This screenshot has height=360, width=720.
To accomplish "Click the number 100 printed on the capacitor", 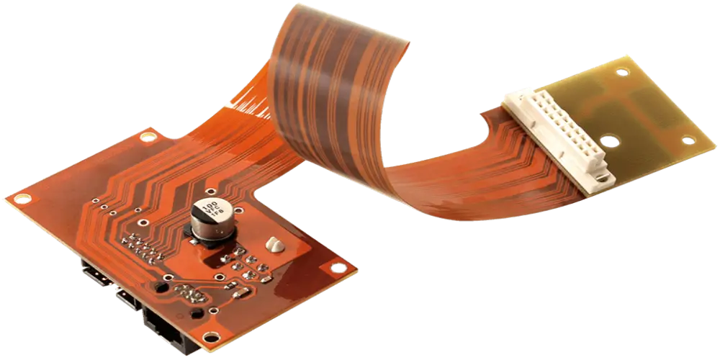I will point(210,207).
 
